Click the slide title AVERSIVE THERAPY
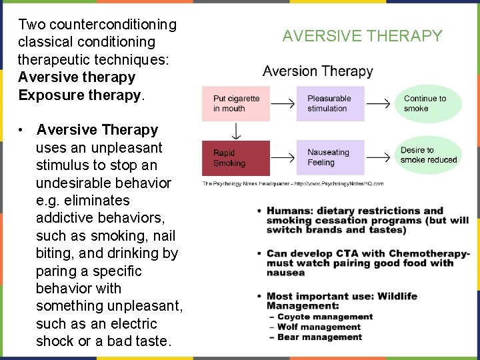click(362, 36)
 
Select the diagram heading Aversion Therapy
click(318, 71)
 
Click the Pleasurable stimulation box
click(330, 103)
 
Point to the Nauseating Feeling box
click(330, 158)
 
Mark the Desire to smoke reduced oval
click(429, 155)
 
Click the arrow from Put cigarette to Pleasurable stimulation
click(283, 103)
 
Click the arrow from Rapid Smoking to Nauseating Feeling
click(283, 158)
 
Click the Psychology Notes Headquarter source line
click(293, 183)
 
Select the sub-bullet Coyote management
click(325, 317)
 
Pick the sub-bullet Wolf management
click(319, 327)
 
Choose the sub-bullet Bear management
click(319, 337)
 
